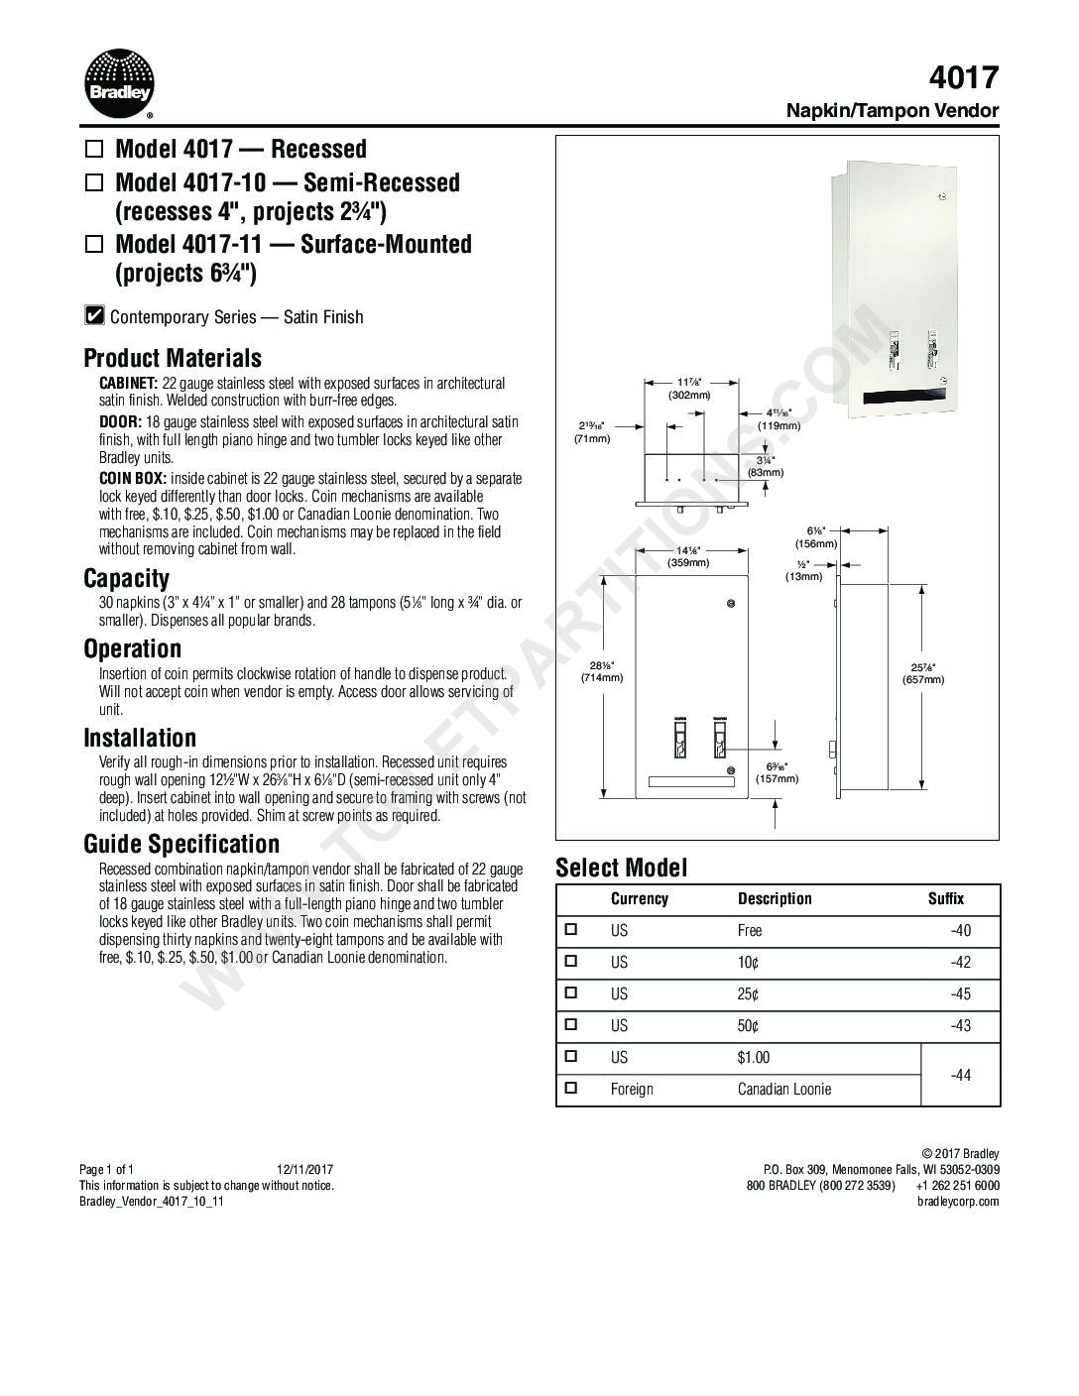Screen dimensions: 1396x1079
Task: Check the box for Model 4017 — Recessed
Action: point(94,151)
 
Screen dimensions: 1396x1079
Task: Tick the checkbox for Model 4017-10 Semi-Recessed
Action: point(94,183)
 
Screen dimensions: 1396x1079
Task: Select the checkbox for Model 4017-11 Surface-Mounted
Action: point(94,245)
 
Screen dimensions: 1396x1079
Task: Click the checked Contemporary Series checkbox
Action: point(94,316)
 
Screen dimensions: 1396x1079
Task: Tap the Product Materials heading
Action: point(173,358)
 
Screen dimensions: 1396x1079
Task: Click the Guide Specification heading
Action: point(181,844)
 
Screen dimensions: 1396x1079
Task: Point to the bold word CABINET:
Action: point(128,383)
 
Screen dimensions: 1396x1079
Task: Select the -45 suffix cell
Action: point(959,993)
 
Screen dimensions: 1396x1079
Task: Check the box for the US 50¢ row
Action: point(570,1024)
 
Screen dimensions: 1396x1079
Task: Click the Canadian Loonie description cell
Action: point(783,1089)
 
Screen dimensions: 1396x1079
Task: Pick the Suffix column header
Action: point(945,898)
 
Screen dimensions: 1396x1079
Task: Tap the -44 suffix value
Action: point(959,1074)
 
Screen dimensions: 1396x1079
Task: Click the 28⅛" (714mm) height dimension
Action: point(602,671)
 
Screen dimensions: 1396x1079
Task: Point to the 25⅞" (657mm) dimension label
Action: point(922,673)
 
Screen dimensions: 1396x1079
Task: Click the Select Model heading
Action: point(621,869)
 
